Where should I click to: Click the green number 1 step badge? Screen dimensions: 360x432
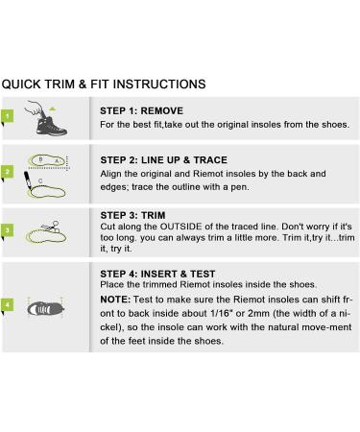[x=7, y=116]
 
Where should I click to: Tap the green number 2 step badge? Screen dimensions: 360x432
[x=7, y=172]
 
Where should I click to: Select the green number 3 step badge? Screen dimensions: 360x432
[x=7, y=230]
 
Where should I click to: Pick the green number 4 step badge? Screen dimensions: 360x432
[x=7, y=304]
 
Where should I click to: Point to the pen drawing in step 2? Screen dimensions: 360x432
[x=28, y=180]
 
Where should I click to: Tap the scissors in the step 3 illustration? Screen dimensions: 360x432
[x=51, y=227]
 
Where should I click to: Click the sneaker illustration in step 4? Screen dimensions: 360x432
[x=45, y=309]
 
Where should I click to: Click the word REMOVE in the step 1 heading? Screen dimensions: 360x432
[x=162, y=110]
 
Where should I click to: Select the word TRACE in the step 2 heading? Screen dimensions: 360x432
[x=210, y=159]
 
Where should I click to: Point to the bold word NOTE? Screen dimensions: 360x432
[x=115, y=300]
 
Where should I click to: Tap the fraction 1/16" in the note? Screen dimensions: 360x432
[x=221, y=313]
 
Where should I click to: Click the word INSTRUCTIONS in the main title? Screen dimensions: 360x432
[x=159, y=84]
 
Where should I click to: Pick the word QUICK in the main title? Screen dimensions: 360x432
[x=21, y=84]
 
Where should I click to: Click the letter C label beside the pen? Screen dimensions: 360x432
[x=40, y=181]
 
